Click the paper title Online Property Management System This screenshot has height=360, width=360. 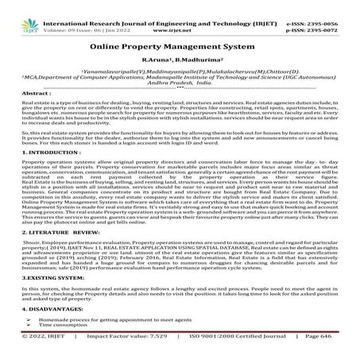(180, 47)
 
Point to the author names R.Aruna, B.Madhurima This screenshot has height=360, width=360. (180, 60)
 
